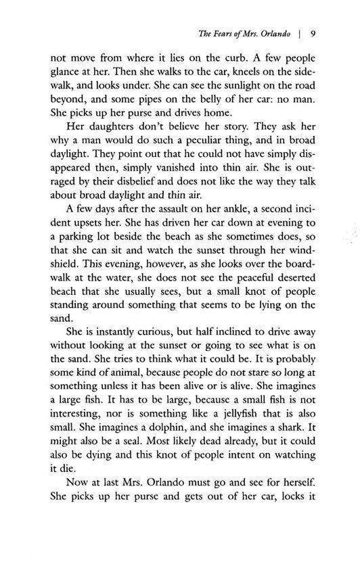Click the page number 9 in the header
point(306,31)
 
